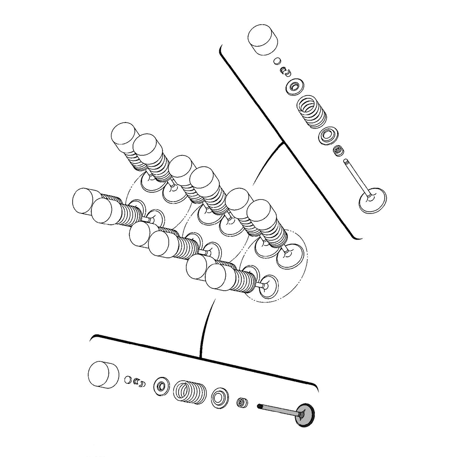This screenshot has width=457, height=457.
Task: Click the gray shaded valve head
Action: [x=307, y=417]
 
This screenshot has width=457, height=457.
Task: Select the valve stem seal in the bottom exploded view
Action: [x=241, y=403]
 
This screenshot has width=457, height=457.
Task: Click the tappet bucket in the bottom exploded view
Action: [x=102, y=374]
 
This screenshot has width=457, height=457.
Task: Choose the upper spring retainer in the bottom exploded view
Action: [x=162, y=386]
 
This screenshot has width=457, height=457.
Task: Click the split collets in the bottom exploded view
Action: [x=139, y=382]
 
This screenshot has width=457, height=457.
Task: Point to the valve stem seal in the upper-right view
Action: [x=338, y=150]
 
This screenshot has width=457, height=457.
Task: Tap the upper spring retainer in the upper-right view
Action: [x=292, y=86]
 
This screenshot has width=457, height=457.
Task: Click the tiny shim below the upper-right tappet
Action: [x=277, y=60]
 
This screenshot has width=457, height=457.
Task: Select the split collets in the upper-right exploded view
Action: [x=286, y=71]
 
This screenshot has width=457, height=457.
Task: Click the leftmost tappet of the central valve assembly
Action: [x=85, y=202]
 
